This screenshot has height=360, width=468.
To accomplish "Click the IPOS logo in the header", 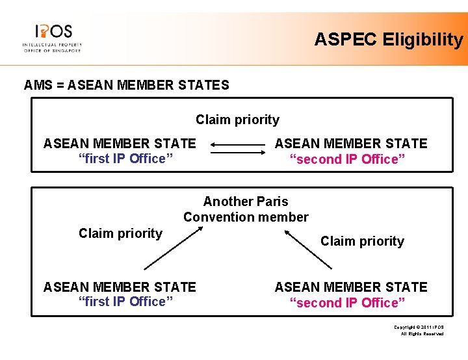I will point(52,37).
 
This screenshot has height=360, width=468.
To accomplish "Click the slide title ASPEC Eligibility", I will point(388,40).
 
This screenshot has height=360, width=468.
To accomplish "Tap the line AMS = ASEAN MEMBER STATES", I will point(126,85).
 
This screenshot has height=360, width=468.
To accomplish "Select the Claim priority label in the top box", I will point(237,120).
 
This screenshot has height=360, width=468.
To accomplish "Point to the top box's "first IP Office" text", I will point(122,159).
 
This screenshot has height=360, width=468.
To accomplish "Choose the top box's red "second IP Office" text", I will point(348,160).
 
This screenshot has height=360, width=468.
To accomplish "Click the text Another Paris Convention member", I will point(246,209).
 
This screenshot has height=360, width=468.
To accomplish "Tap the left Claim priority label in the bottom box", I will point(120,233).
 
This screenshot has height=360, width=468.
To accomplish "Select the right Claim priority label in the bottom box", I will point(362,241).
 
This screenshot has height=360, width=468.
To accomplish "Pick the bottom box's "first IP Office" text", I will point(122,302).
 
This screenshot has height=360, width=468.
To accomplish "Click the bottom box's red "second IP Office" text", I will point(348,303).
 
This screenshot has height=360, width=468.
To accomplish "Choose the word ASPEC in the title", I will point(346,40).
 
